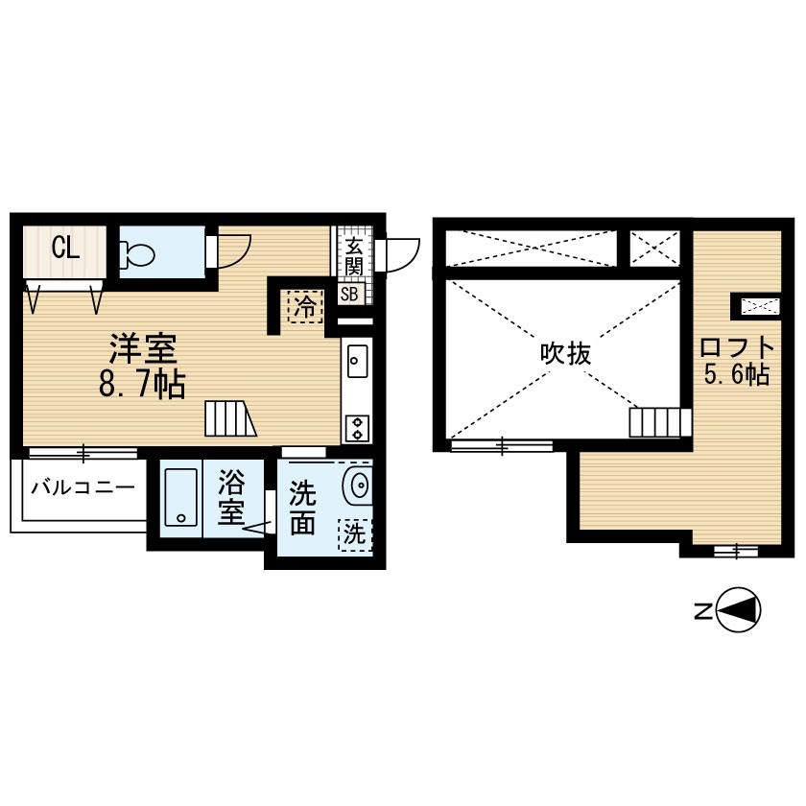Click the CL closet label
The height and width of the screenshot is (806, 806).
[65, 249]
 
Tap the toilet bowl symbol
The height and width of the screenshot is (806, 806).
[137, 253]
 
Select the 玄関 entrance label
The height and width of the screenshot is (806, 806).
[354, 256]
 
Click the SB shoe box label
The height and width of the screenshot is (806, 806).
[349, 294]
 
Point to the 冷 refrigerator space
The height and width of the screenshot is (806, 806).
[306, 307]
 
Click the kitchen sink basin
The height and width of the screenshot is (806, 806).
[357, 361]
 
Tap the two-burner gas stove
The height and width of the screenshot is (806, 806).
[357, 428]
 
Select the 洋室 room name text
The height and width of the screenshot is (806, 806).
[143, 348]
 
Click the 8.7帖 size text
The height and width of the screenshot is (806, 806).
[142, 384]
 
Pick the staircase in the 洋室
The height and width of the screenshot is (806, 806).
[230, 419]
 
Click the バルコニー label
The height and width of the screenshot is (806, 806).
[83, 486]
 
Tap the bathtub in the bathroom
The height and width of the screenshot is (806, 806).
[181, 497]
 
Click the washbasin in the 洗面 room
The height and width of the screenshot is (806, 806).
[358, 485]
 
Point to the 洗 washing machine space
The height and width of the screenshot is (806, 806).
[355, 534]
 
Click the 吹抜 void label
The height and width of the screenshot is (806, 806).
[565, 354]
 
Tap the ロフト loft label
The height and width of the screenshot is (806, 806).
[737, 348]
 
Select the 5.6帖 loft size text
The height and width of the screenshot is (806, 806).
[737, 374]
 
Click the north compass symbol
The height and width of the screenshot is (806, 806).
[738, 610]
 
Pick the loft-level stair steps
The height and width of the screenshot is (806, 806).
[660, 422]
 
